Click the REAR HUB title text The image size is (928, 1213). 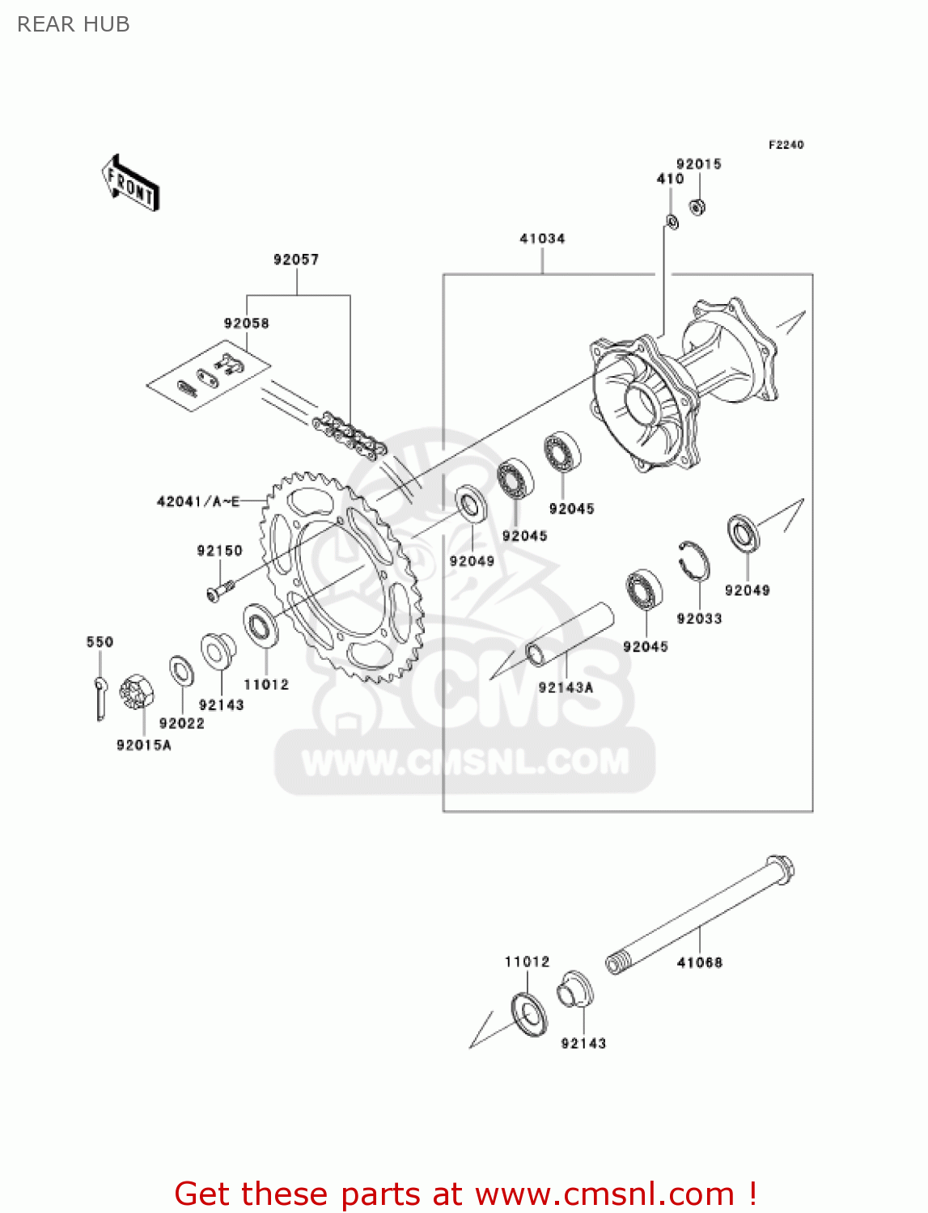tap(73, 24)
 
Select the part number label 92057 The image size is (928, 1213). tap(296, 260)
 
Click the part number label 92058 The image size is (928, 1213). tap(247, 323)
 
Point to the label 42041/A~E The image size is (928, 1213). tap(198, 502)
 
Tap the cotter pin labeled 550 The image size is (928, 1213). tap(100, 695)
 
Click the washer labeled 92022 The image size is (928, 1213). tap(181, 671)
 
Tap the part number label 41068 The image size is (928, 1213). tap(700, 962)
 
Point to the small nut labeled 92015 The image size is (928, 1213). tap(697, 206)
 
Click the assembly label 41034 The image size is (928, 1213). tap(542, 239)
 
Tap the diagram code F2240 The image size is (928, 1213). tap(786, 145)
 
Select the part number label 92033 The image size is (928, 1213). tap(699, 619)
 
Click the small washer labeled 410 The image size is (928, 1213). tap(672, 221)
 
